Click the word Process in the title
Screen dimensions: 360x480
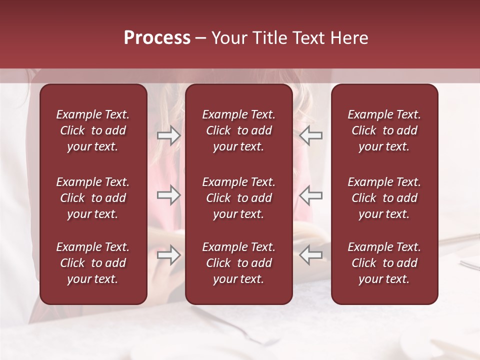[157, 38]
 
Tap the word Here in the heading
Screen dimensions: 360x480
[350, 38]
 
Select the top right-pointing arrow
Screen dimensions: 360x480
[168, 135]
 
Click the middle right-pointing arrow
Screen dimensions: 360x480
[168, 195]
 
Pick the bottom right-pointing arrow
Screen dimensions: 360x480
[168, 255]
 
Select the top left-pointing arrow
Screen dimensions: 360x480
[311, 135]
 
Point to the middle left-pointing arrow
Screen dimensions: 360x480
[311, 195]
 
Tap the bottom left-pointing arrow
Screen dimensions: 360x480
[311, 255]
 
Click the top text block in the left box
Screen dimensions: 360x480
[93, 130]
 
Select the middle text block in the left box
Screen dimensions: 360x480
[93, 198]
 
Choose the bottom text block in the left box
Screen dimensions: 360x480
[93, 263]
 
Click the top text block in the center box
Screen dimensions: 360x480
[239, 130]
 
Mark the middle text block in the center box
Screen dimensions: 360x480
[239, 198]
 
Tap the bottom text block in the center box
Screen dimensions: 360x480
[239, 263]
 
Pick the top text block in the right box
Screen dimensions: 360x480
[384, 130]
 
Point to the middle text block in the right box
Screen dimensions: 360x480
[384, 198]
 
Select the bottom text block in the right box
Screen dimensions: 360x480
[384, 263]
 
